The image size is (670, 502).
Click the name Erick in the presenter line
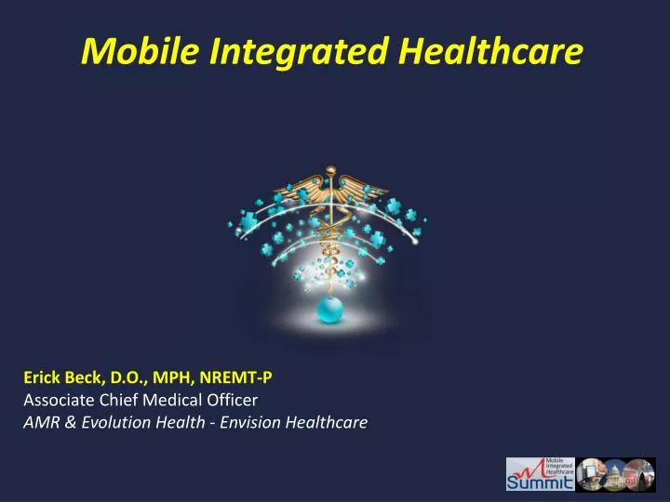click(x=43, y=378)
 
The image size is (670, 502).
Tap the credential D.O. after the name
click(x=134, y=378)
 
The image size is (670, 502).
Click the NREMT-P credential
click(x=242, y=378)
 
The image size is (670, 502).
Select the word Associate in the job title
click(x=58, y=401)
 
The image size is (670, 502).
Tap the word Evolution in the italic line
click(x=96, y=423)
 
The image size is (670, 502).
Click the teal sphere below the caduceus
click(x=330, y=310)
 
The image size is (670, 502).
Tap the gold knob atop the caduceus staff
click(x=329, y=173)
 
